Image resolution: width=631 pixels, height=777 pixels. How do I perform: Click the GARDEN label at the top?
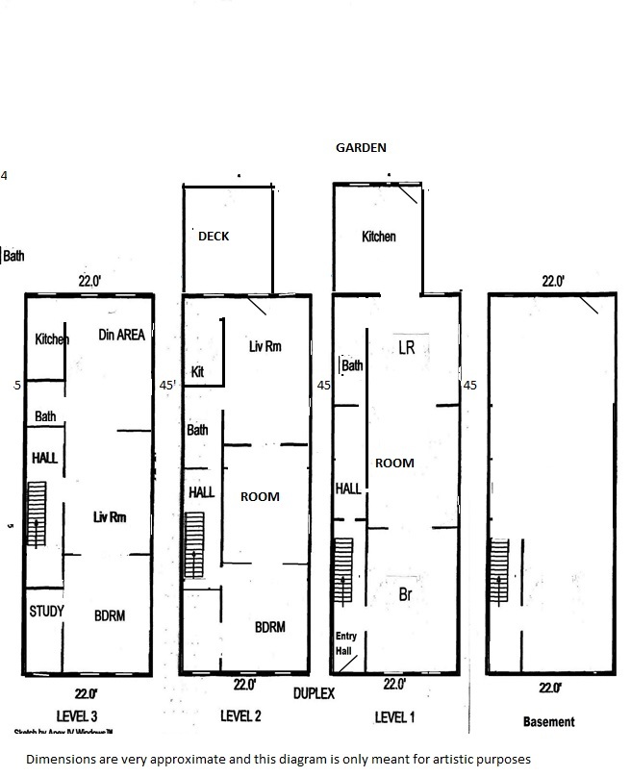click(360, 147)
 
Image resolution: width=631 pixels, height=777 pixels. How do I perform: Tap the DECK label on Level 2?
click(214, 236)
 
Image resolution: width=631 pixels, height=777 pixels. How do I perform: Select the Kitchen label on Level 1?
click(378, 237)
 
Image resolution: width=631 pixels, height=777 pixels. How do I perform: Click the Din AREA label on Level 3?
click(122, 335)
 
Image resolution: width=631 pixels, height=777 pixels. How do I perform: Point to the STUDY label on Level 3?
click(46, 612)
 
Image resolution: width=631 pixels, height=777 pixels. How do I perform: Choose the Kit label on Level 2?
click(197, 371)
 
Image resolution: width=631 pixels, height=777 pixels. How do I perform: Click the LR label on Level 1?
click(406, 348)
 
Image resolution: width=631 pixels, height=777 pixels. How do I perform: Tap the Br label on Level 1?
click(405, 594)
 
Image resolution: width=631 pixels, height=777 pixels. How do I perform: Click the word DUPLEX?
click(314, 693)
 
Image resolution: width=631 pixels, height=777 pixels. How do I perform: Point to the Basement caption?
click(548, 721)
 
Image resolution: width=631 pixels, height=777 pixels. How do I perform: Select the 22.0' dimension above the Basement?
click(552, 282)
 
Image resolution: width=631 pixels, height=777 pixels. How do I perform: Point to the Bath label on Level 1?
click(352, 365)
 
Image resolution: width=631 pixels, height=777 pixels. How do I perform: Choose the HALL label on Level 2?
click(201, 491)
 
